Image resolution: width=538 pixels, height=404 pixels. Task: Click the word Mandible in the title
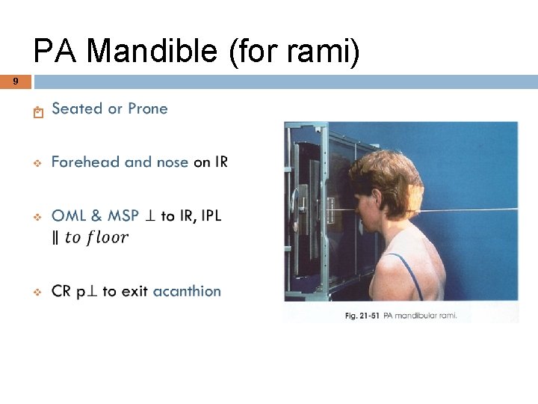tap(152, 52)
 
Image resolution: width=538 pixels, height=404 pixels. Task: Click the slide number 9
tap(15, 81)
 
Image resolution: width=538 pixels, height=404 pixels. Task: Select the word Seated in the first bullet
tap(77, 108)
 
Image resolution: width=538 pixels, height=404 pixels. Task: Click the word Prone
tap(148, 108)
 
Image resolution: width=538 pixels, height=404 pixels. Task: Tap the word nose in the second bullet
tap(172, 162)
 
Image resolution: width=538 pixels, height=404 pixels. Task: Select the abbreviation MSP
tap(123, 215)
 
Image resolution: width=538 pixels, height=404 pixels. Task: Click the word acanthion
tap(187, 291)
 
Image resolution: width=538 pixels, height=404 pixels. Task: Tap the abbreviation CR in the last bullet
tap(61, 291)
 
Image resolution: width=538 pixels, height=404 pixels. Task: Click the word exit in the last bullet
tap(134, 291)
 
